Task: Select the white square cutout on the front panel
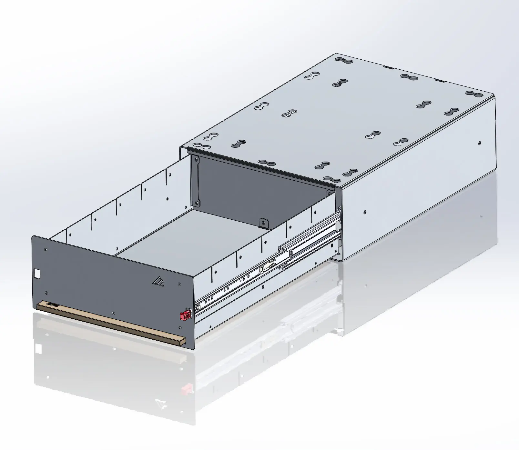coord(37,274)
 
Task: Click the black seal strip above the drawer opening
coord(258,166)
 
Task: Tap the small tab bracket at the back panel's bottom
coord(263,223)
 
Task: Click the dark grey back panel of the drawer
coord(258,194)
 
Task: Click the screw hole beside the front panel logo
coord(179,284)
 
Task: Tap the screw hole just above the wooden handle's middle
coord(112,313)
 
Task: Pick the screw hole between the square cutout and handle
coord(46,293)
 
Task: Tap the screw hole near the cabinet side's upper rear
coord(480,142)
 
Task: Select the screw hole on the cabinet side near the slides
coord(365,212)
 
